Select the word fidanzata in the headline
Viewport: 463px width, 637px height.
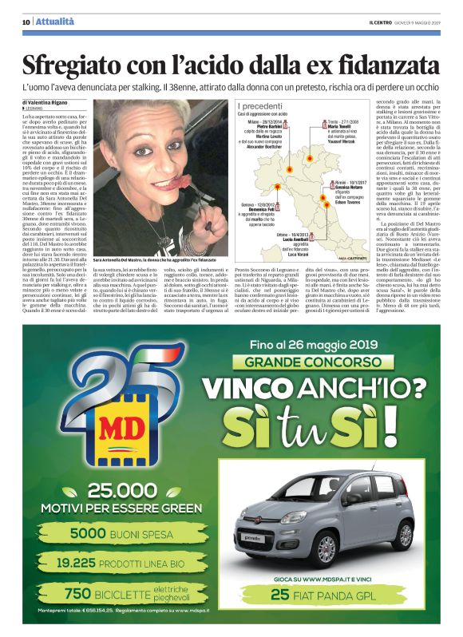[x=385, y=65]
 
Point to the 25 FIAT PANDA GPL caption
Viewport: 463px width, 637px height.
[x=325, y=594]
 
